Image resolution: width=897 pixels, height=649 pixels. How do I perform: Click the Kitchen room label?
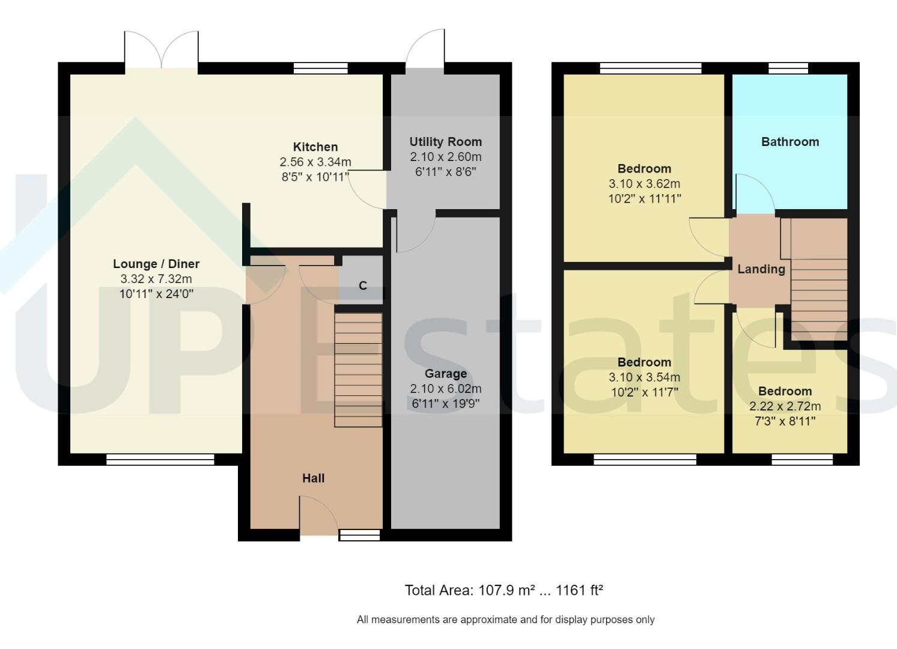[x=315, y=147]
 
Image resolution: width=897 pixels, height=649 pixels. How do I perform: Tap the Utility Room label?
[x=445, y=142]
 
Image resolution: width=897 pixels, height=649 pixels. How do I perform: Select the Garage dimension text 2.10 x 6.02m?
[x=445, y=389]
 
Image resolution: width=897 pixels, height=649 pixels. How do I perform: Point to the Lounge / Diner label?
[x=156, y=264]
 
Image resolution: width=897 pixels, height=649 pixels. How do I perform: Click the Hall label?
[x=313, y=478]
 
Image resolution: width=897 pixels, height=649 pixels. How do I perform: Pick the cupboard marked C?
[x=362, y=285]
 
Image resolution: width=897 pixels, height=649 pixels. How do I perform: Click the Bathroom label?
[x=789, y=142]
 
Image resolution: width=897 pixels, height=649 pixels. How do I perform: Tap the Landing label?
[x=761, y=269]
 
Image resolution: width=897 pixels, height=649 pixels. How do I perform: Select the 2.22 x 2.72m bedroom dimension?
[x=785, y=406]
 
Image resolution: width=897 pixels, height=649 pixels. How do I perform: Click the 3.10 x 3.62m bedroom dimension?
[x=644, y=184]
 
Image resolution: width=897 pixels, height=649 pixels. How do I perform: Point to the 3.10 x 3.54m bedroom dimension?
[x=644, y=377]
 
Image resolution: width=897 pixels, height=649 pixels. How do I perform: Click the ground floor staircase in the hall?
[x=358, y=370]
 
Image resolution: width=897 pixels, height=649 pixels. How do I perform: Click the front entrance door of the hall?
[x=318, y=516]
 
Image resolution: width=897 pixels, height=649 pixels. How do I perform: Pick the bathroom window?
[x=788, y=68]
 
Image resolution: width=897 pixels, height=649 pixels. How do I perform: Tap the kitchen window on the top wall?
[x=320, y=68]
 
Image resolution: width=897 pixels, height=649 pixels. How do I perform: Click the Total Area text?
[x=503, y=591]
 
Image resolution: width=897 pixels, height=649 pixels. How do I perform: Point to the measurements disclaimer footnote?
[x=505, y=620]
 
